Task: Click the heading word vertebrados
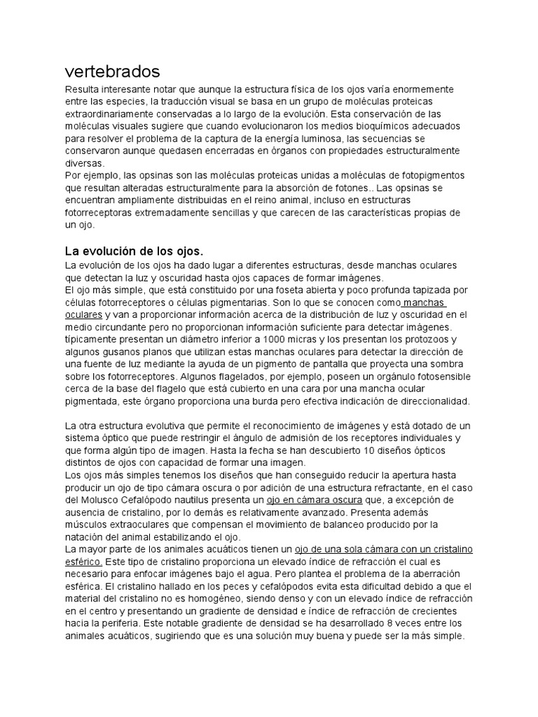coord(112,71)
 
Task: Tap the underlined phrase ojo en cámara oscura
coord(315,501)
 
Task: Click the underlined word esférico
coord(83,562)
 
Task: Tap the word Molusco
coord(97,501)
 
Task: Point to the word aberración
coord(439,573)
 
